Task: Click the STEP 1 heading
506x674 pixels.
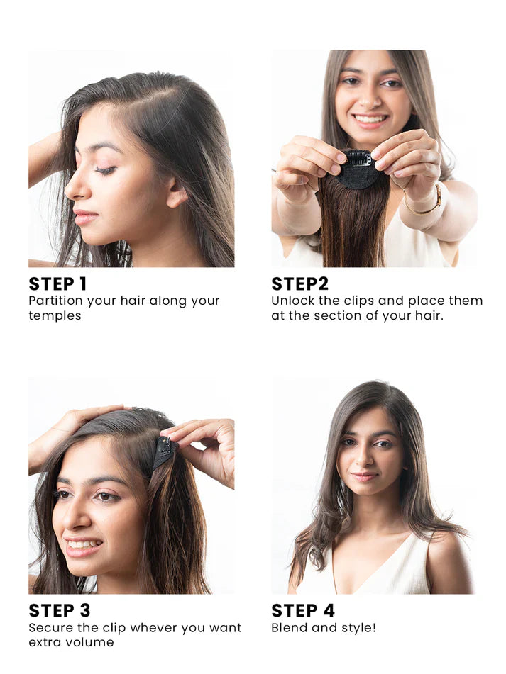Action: pos(57,283)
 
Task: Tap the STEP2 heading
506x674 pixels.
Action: pos(299,283)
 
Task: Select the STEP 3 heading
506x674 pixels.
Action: pos(59,610)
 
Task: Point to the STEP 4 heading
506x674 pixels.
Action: pos(302,610)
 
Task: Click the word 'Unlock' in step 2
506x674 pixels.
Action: pos(292,301)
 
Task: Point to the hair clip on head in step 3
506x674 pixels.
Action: pos(163,451)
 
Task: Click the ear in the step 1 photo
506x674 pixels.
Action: pos(175,192)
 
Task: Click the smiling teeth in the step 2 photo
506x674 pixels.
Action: pos(369,120)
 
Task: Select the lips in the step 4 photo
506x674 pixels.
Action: pos(364,476)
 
